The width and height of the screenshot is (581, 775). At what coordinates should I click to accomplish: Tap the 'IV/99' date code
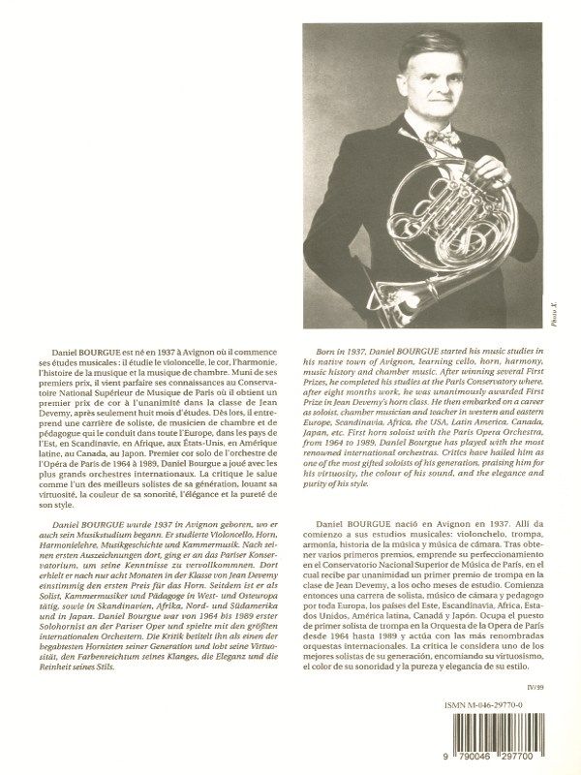pyautogui.click(x=546, y=660)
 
